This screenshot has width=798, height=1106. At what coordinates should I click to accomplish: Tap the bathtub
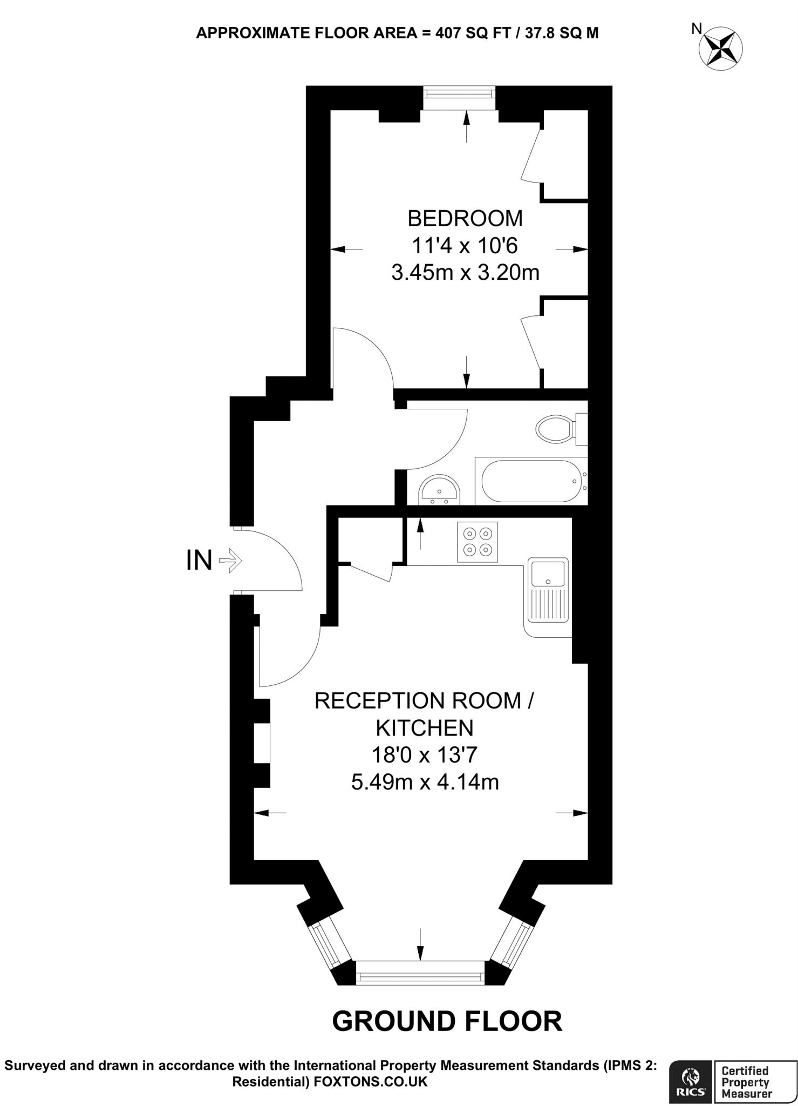point(530,481)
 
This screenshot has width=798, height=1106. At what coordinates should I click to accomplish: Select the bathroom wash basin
point(439,489)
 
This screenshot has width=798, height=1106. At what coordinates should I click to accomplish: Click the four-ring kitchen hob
point(478,542)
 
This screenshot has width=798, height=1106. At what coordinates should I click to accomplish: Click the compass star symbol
point(720,49)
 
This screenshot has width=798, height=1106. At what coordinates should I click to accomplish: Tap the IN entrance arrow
point(230,561)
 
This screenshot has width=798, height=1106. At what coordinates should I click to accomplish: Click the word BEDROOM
point(465,219)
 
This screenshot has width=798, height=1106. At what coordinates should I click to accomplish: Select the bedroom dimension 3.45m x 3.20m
point(465,273)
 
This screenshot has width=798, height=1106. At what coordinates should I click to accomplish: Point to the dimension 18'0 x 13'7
point(425,754)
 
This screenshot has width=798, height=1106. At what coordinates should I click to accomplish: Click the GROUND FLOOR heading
point(447,1021)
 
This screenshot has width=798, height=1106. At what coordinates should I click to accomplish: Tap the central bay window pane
point(420,976)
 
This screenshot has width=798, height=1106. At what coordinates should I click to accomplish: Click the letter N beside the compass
point(697,29)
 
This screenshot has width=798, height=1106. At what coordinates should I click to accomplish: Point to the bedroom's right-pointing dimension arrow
point(573,249)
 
